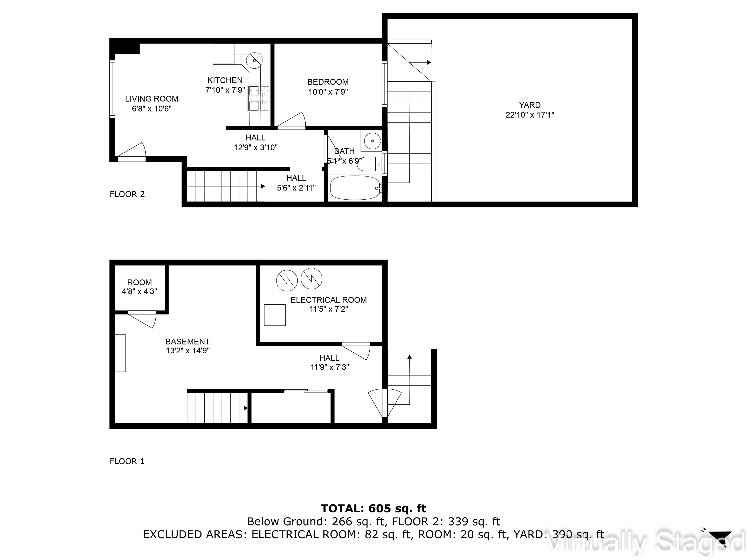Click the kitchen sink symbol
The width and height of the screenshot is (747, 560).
254,61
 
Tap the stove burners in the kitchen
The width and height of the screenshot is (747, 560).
259,98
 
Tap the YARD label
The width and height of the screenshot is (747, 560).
530,105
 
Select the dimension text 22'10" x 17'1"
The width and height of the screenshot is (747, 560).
530,115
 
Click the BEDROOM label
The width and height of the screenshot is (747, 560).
328,82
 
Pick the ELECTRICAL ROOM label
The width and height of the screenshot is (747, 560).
328,300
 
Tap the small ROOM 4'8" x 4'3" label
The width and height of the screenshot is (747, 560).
139,286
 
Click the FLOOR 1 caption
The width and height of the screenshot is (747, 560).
127,461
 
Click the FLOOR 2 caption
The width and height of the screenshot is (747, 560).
127,194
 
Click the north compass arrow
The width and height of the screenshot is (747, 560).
720,536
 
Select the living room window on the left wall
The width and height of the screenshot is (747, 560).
112,88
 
